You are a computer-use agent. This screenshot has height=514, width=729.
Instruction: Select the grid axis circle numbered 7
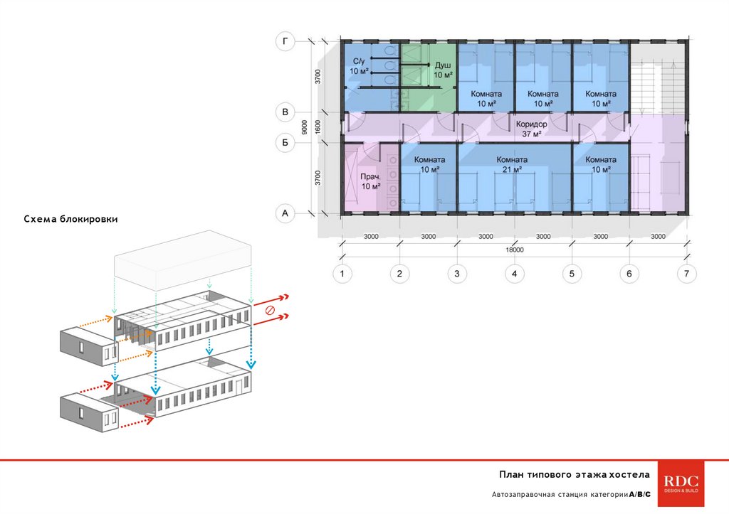(687, 273)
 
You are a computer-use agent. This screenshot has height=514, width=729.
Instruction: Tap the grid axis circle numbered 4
(515, 273)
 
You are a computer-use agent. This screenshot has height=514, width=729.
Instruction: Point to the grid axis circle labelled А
(285, 213)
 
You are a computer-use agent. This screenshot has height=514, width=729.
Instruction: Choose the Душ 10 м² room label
(443, 70)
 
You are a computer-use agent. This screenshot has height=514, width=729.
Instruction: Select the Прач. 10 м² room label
(370, 181)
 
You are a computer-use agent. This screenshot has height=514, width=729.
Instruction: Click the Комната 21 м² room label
(512, 164)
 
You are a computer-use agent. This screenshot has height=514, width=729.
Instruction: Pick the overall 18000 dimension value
(515, 250)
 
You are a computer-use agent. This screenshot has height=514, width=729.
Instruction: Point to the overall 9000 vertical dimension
(304, 127)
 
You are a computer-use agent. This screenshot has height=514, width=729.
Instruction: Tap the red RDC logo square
(682, 484)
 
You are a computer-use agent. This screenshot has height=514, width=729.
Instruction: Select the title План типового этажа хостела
(574, 474)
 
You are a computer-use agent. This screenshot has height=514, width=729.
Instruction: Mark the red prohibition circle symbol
(270, 310)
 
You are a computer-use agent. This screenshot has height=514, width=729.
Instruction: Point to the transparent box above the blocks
(183, 260)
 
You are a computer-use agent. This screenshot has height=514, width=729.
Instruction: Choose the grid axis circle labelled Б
(285, 144)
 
